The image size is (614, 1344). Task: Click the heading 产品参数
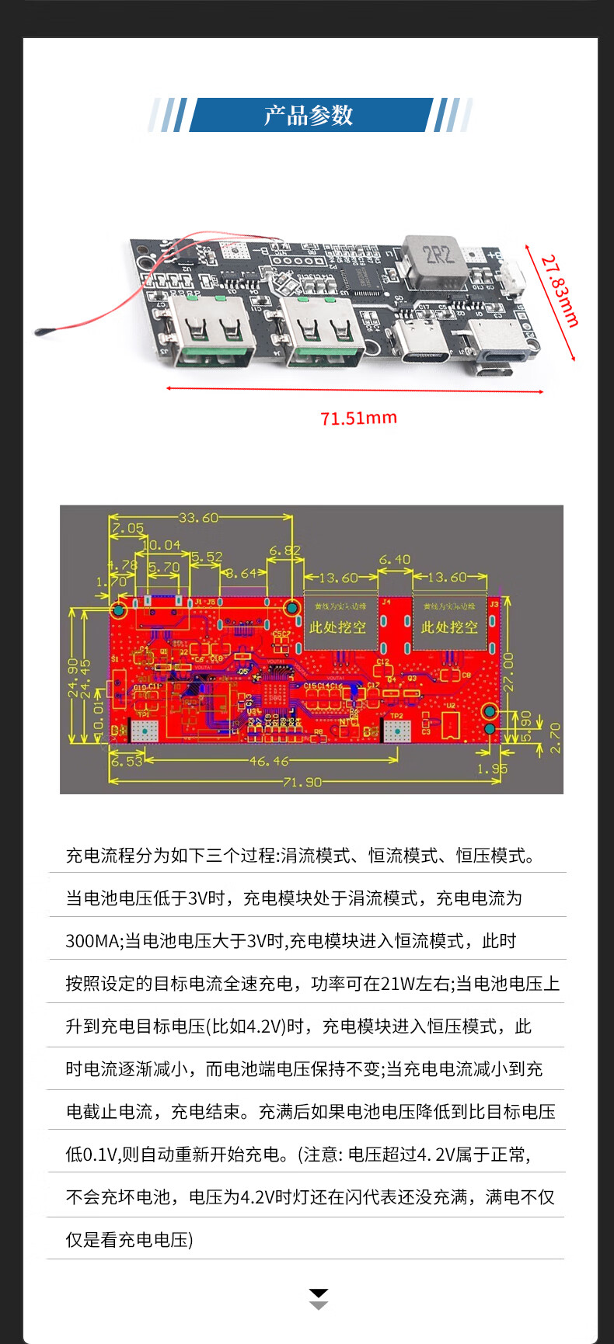(309, 116)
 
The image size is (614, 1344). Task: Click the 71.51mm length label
(358, 418)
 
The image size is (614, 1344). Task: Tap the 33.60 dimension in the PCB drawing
(199, 517)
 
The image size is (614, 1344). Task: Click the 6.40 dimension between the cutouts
(395, 559)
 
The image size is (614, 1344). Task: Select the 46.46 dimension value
(269, 761)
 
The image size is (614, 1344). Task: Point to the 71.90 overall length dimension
(302, 782)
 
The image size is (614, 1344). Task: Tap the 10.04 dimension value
(162, 546)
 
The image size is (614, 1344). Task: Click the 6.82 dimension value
(284, 551)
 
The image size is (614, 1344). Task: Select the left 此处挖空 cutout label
(337, 627)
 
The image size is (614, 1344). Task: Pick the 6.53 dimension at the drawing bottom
(126, 762)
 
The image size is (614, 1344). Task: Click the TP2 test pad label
(396, 716)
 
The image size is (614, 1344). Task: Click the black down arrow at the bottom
(319, 1293)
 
